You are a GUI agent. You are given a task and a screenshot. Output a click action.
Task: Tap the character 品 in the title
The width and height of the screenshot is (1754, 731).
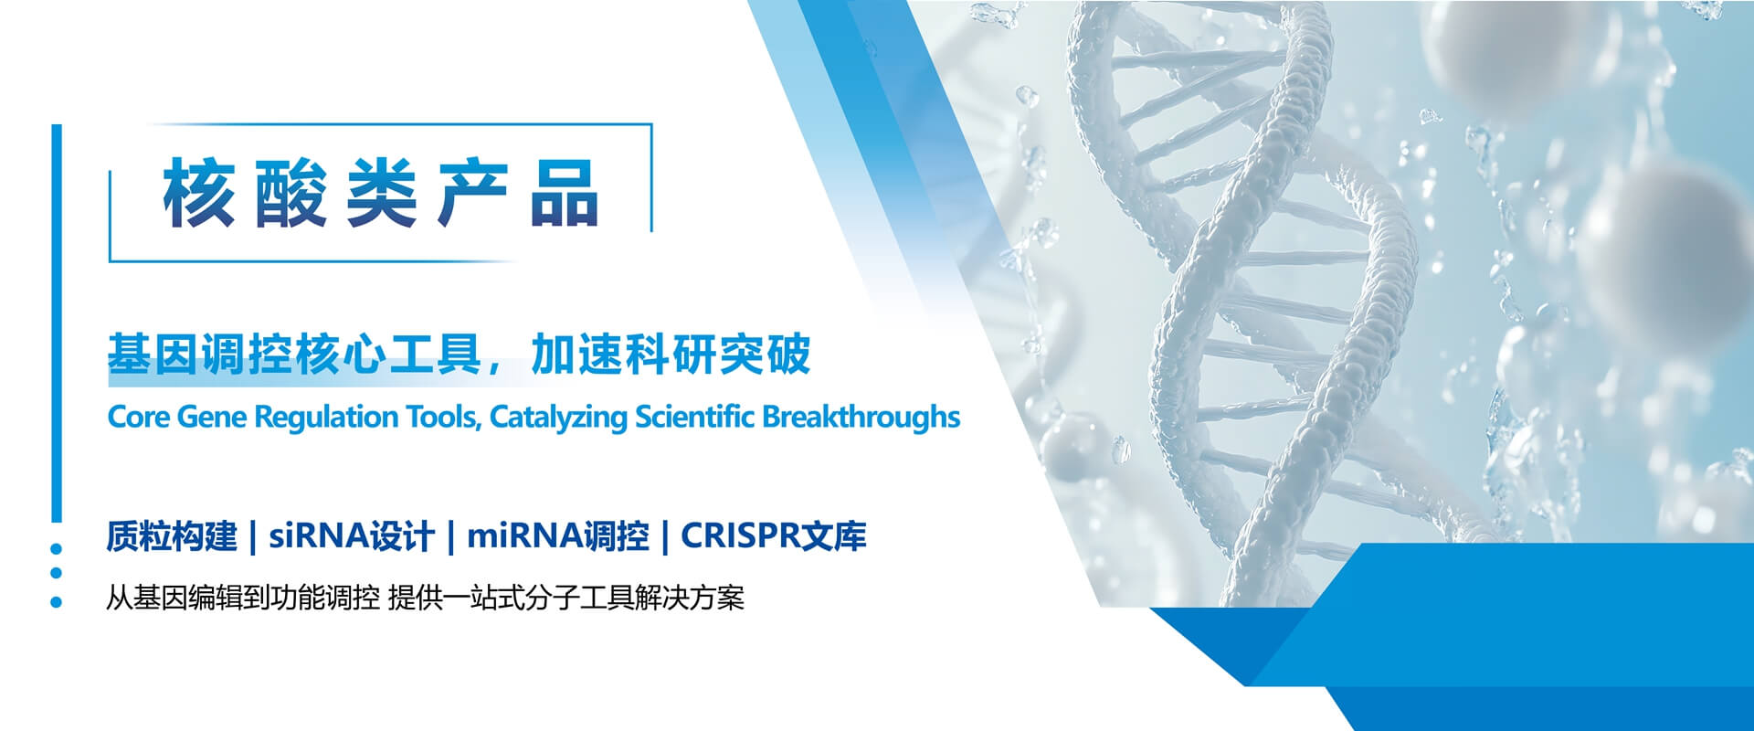pyautogui.click(x=565, y=193)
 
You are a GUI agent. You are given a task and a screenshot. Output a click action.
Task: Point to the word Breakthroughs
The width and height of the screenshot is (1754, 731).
pyautogui.click(x=861, y=417)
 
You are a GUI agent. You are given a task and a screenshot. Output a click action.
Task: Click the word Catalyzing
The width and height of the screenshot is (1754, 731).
pyautogui.click(x=558, y=418)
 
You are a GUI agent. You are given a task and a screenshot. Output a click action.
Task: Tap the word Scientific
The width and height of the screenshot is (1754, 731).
pyautogui.click(x=694, y=417)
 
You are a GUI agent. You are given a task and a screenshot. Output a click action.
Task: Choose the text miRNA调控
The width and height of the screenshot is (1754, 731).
pyautogui.click(x=558, y=536)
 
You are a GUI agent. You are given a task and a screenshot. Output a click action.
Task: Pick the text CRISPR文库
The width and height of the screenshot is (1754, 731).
pyautogui.click(x=774, y=536)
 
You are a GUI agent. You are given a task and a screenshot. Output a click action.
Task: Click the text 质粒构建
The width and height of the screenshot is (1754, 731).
pyautogui.click(x=172, y=536)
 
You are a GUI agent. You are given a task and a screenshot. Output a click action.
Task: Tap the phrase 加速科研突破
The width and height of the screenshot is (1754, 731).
pyautogui.click(x=671, y=355)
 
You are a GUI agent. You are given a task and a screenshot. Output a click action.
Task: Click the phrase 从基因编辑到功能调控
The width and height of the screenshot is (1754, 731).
pyautogui.click(x=243, y=599)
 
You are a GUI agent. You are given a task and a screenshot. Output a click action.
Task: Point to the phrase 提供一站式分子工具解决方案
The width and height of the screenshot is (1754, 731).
pyautogui.click(x=566, y=599)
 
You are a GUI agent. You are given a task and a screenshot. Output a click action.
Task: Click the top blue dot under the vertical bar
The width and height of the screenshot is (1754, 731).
pyautogui.click(x=57, y=549)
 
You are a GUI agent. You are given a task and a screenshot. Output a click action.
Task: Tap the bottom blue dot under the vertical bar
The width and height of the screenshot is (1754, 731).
pyautogui.click(x=57, y=602)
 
